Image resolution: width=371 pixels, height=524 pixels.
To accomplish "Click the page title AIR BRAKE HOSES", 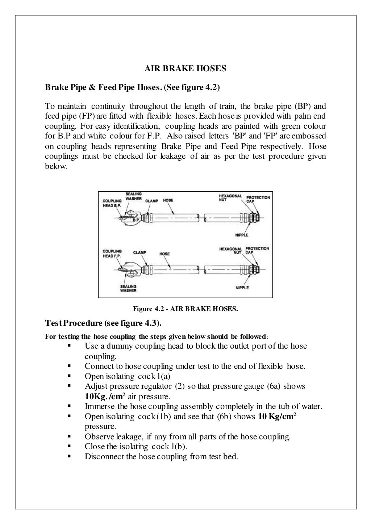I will [x=185, y=69].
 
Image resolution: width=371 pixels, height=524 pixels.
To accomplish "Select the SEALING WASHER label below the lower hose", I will [x=128, y=288].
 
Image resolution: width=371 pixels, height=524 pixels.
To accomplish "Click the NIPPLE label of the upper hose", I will [x=242, y=235].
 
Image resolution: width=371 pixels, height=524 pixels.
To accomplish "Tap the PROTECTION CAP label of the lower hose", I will [x=257, y=250].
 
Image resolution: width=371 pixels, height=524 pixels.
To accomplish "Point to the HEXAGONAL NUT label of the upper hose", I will [x=230, y=197].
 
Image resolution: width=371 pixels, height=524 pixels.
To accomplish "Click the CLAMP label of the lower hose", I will [x=139, y=253].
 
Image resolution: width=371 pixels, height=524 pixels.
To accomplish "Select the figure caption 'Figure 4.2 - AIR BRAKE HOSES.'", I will [x=185, y=309].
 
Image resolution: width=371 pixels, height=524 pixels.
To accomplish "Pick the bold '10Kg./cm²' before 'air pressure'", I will [x=105, y=396].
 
